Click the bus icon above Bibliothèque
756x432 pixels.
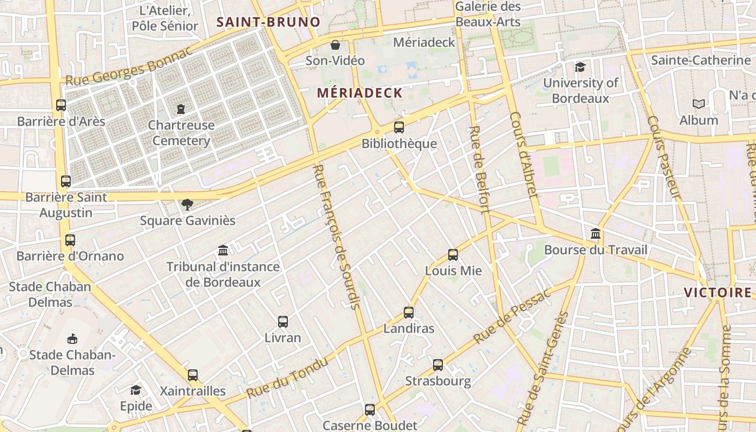[x=399, y=127]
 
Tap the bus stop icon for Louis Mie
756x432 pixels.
[x=453, y=255]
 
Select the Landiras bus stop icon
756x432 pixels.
[x=409, y=313]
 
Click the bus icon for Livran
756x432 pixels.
[x=283, y=322]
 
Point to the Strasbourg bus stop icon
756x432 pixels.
[x=438, y=365]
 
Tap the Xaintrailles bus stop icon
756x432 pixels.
[x=193, y=375]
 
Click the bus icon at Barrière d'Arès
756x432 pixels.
[x=61, y=105]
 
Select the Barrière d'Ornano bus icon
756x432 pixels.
[x=70, y=240]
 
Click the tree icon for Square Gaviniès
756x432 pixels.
[x=187, y=205]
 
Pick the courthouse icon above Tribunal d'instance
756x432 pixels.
[x=223, y=251]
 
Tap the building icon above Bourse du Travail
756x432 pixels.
[x=596, y=234]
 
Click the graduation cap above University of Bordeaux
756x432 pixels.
[x=580, y=67]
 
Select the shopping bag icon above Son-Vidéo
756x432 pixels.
[x=335, y=45]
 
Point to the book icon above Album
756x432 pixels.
[x=699, y=104]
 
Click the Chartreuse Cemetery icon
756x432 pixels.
[x=181, y=109]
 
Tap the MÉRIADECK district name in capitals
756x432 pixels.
[x=360, y=93]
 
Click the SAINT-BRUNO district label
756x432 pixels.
[x=268, y=22]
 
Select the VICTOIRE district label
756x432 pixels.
[x=718, y=293]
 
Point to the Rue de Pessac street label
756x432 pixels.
[x=511, y=316]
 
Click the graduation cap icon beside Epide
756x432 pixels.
[x=136, y=390]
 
